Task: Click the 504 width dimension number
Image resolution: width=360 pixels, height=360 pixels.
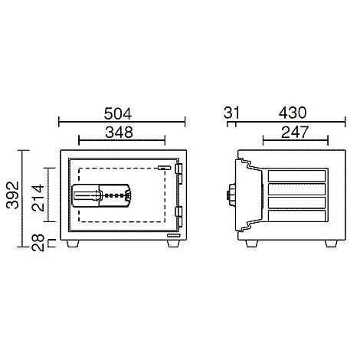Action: pos(118,113)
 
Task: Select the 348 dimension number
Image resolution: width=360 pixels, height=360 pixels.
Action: pos(119,132)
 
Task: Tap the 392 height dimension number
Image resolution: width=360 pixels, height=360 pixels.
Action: pos(13,195)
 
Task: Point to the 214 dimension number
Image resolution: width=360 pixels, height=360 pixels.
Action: pos(38,198)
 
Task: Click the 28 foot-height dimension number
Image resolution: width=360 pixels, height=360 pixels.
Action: pos(38,243)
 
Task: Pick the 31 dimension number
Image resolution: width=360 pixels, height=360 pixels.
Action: pos(232,113)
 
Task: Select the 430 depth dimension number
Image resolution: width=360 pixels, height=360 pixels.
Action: pos(293,113)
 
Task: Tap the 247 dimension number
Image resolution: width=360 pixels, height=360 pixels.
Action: pos(295,132)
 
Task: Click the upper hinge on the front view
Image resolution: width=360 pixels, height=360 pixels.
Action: pos(178,173)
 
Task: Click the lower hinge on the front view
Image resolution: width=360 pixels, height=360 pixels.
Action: pos(178,217)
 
